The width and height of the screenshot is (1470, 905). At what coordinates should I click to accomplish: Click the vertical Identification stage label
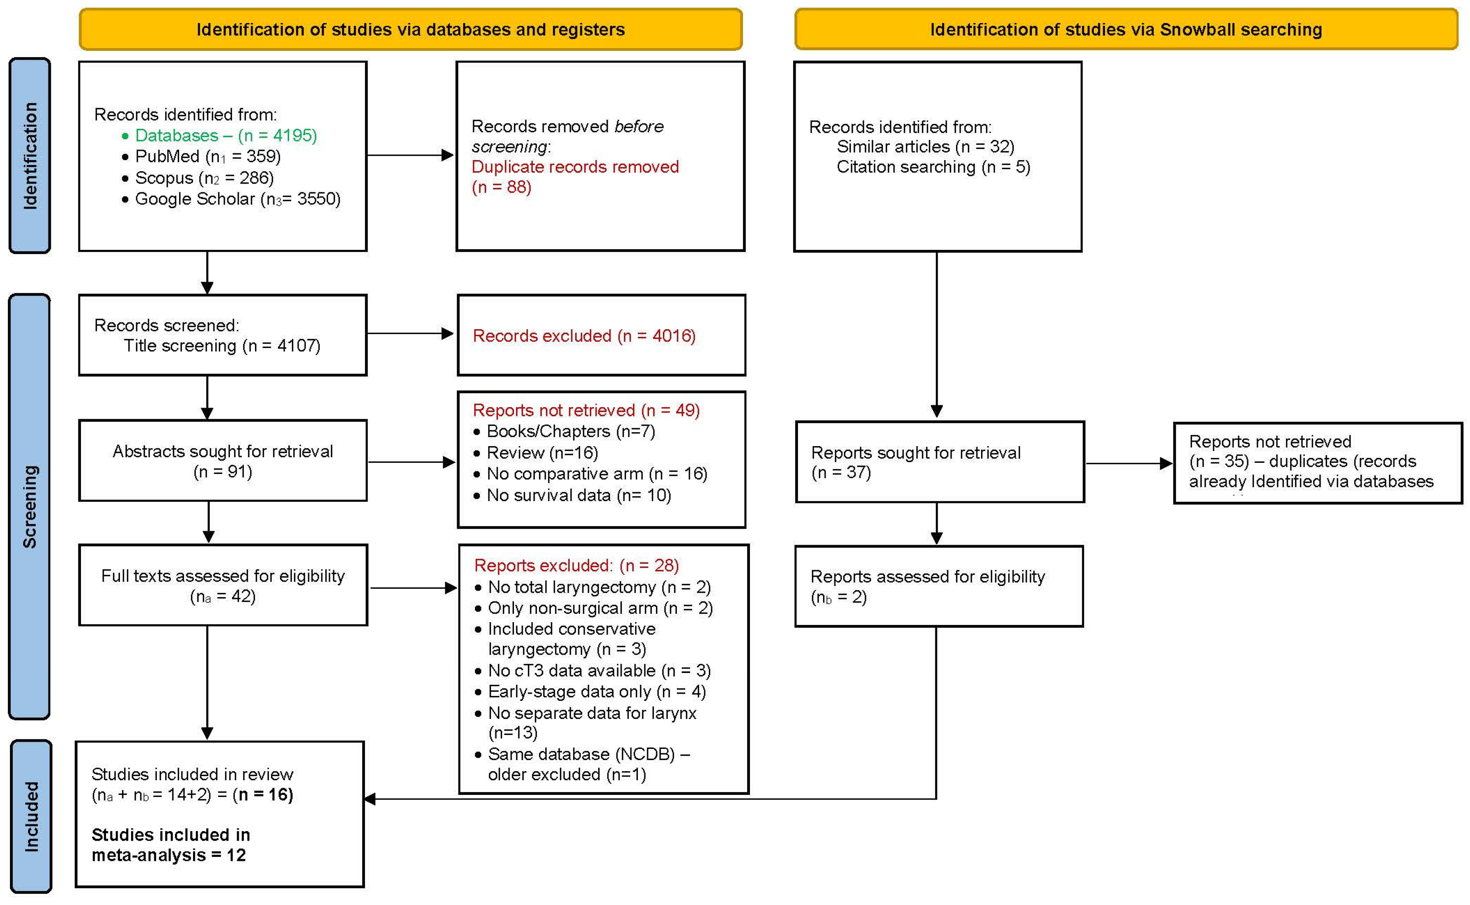point(30,156)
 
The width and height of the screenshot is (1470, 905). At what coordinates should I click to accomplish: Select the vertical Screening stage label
point(30,507)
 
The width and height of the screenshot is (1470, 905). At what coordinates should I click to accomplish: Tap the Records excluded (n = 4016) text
point(583,336)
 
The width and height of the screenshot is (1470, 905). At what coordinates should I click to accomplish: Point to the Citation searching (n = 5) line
point(933,166)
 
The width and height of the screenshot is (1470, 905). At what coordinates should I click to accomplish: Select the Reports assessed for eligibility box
point(938,586)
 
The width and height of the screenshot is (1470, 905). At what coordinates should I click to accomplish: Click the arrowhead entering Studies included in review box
point(370,799)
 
